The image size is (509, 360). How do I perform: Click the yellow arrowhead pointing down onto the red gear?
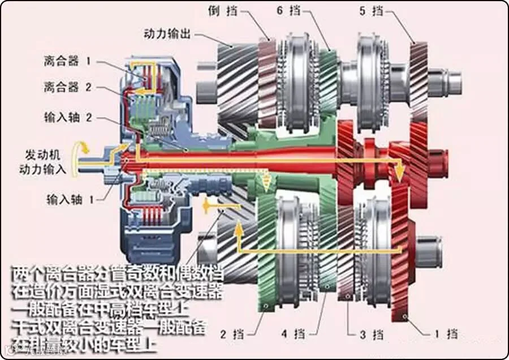click(x=400, y=168)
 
